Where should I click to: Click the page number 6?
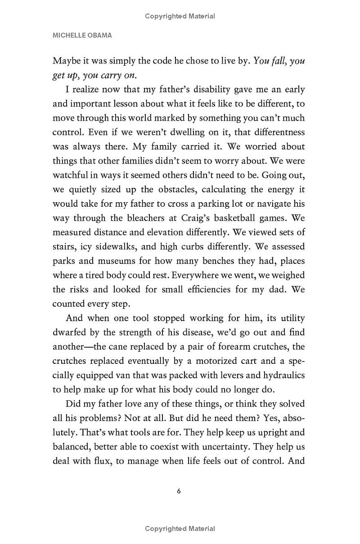click(x=179, y=491)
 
